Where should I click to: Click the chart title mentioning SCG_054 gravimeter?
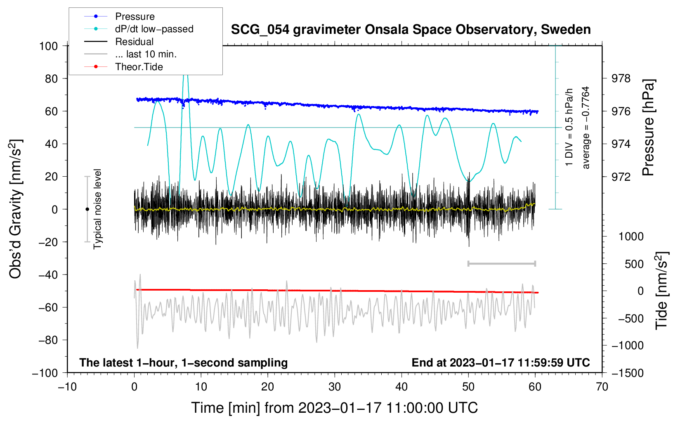point(411,30)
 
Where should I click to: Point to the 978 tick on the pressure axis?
point(621,79)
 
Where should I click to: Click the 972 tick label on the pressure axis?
point(621,177)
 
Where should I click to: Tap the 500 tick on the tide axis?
point(634,264)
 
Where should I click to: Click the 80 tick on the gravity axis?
point(51,79)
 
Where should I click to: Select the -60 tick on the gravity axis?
point(48,307)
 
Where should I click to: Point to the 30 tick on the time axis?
point(335,387)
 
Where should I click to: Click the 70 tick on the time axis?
point(602,387)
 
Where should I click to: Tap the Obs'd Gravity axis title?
point(15,209)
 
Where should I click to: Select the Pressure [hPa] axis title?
point(648,128)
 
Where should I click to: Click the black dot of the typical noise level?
point(87,209)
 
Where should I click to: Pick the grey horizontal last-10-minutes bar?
point(501,264)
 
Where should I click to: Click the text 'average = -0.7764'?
point(586,128)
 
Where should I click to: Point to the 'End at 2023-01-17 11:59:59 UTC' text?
point(501,362)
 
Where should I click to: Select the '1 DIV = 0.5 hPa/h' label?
point(569,128)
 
